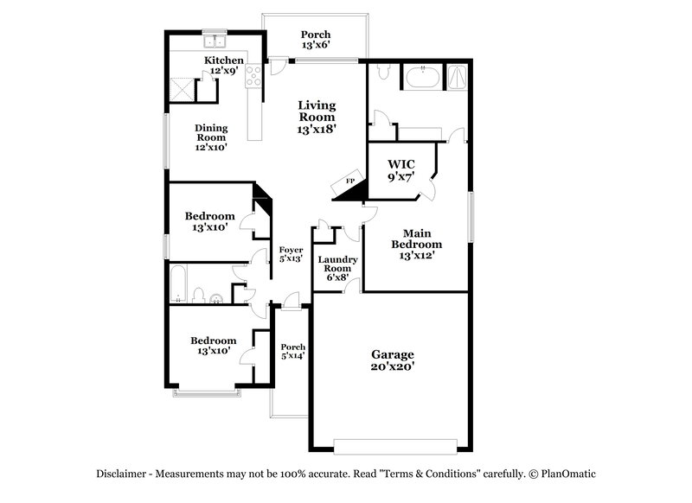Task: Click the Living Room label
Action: click(x=317, y=117)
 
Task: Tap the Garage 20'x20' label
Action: click(x=393, y=360)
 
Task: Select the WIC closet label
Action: click(x=401, y=170)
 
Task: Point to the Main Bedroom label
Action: click(x=415, y=244)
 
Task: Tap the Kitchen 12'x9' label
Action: click(x=223, y=65)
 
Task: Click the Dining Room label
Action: click(x=210, y=137)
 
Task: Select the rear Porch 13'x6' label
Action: click(x=316, y=40)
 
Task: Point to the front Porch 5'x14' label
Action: click(x=292, y=351)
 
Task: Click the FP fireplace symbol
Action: click(x=350, y=181)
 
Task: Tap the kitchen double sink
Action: click(x=213, y=40)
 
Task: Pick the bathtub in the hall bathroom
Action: click(x=178, y=284)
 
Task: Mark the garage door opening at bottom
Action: click(x=394, y=446)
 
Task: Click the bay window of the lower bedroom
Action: click(x=205, y=393)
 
